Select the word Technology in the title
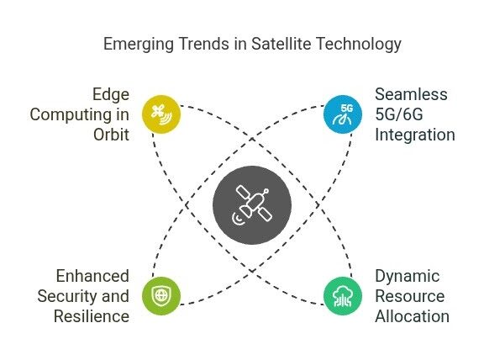[x=359, y=45]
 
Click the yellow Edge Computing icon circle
[x=161, y=114]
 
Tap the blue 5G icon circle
[x=343, y=114]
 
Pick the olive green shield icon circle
[x=161, y=296]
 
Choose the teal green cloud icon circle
[x=343, y=296]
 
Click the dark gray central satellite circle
[x=252, y=205]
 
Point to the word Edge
[x=111, y=95]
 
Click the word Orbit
[x=111, y=135]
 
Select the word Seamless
[x=411, y=94]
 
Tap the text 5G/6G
[x=399, y=114]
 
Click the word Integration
[x=415, y=135]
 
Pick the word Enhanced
[x=92, y=276]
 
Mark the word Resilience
[x=92, y=316]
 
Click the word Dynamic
[x=408, y=277]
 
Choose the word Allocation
[x=412, y=316]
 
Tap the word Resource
[x=410, y=296]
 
